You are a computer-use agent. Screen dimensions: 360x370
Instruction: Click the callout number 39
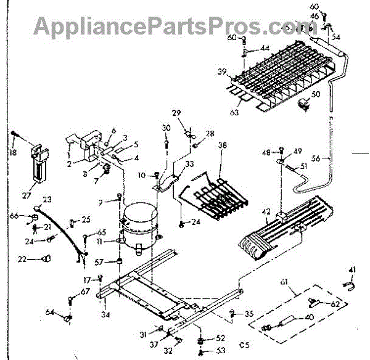pyautogui.click(x=222, y=72)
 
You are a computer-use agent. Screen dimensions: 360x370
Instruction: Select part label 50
pyautogui.click(x=316, y=94)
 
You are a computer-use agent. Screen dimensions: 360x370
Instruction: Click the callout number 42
pyautogui.click(x=266, y=212)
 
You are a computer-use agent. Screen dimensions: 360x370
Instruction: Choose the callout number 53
pyautogui.click(x=220, y=351)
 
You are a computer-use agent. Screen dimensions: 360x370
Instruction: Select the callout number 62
pyautogui.click(x=335, y=304)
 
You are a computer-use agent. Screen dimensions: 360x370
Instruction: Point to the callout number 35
pyautogui.click(x=249, y=314)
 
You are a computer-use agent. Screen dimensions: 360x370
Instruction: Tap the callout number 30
pyautogui.click(x=166, y=128)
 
